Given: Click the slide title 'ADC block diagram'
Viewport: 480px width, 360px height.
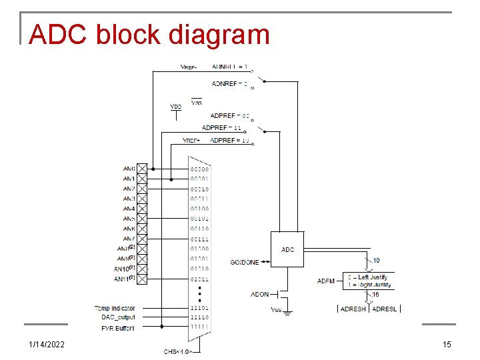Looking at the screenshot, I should point(149,35).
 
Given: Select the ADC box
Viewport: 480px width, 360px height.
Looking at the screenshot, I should point(287,249).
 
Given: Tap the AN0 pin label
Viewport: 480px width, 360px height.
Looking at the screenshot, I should point(129,169).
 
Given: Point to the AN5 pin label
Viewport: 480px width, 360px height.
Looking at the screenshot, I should point(129,219).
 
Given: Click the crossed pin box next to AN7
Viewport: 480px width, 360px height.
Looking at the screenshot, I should point(142,239).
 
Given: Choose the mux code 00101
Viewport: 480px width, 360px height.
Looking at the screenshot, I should point(199,219).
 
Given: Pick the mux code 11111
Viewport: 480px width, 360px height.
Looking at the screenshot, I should point(199,328).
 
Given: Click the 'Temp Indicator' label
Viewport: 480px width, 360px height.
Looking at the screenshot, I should point(115,308).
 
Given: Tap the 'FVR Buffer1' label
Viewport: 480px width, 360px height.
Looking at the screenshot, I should point(117,328).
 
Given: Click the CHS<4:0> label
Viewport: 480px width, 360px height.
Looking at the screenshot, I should point(178,351).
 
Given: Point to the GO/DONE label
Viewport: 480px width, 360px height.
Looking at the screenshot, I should point(245,262).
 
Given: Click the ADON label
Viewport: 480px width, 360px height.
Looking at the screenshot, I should point(259,294).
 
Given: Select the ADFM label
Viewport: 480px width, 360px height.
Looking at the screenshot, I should point(326,281).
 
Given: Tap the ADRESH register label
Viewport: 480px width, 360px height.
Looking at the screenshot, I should point(353,309).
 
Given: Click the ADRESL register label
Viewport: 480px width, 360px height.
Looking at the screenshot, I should point(384,309).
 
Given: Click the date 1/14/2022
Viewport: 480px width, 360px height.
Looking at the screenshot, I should point(48,344).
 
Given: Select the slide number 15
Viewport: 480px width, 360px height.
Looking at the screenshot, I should point(447,344).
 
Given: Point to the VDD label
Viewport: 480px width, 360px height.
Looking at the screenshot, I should point(175,106).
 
